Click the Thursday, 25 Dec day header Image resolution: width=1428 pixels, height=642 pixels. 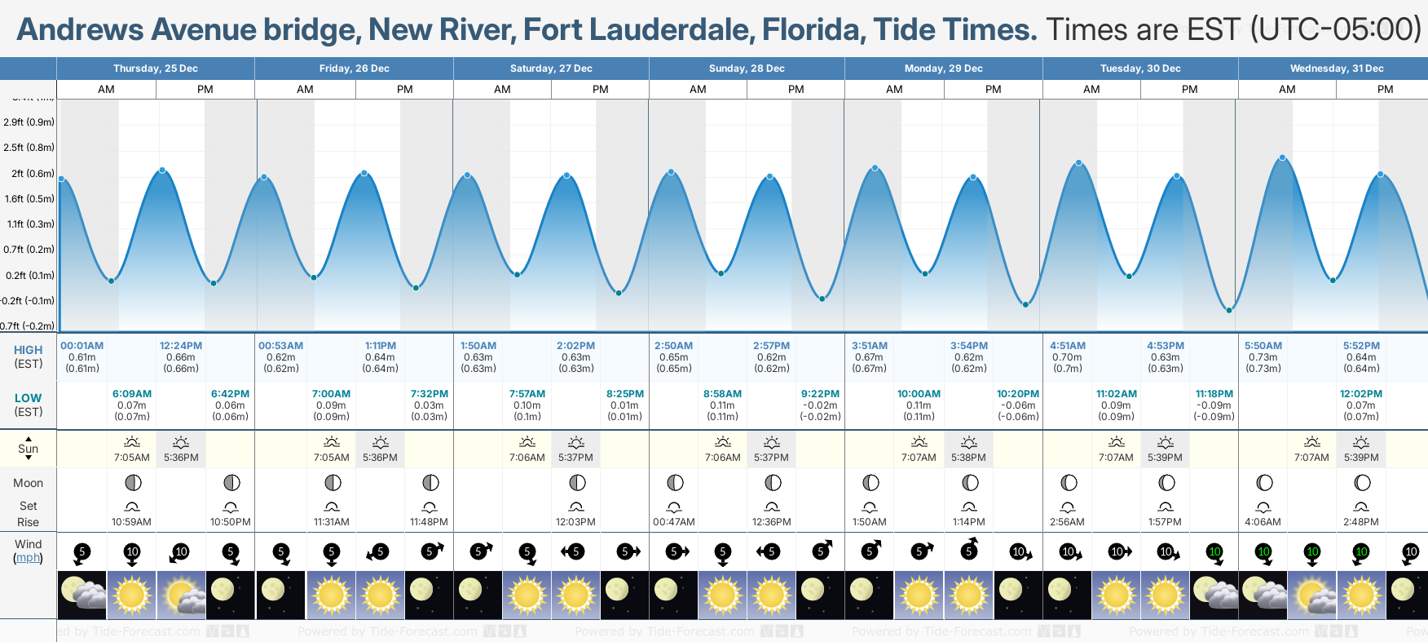click(155, 69)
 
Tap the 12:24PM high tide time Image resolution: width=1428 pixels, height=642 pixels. click(181, 346)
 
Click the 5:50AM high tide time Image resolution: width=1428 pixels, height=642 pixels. click(1263, 346)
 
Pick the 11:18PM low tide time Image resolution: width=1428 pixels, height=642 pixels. click(1214, 394)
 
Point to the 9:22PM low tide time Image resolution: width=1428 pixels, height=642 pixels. click(820, 394)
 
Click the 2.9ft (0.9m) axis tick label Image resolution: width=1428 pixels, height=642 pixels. click(29, 122)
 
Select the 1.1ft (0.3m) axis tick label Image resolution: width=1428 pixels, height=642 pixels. click(30, 224)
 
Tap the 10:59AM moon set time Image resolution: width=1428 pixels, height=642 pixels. click(132, 522)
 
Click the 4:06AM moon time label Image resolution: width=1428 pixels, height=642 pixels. click(1263, 522)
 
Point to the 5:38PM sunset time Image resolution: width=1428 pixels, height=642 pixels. click(969, 458)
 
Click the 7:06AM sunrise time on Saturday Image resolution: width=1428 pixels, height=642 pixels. click(527, 458)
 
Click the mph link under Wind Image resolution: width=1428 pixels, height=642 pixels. click(28, 558)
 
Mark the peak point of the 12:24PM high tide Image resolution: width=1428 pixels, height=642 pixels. click(163, 170)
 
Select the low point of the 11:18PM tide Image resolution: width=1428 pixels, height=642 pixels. click(1229, 310)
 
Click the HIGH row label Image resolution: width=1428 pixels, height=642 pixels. click(28, 350)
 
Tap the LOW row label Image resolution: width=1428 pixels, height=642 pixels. click(28, 398)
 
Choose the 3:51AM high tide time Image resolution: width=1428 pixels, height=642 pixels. click(870, 346)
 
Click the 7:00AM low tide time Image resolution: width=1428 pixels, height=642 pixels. click(331, 394)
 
